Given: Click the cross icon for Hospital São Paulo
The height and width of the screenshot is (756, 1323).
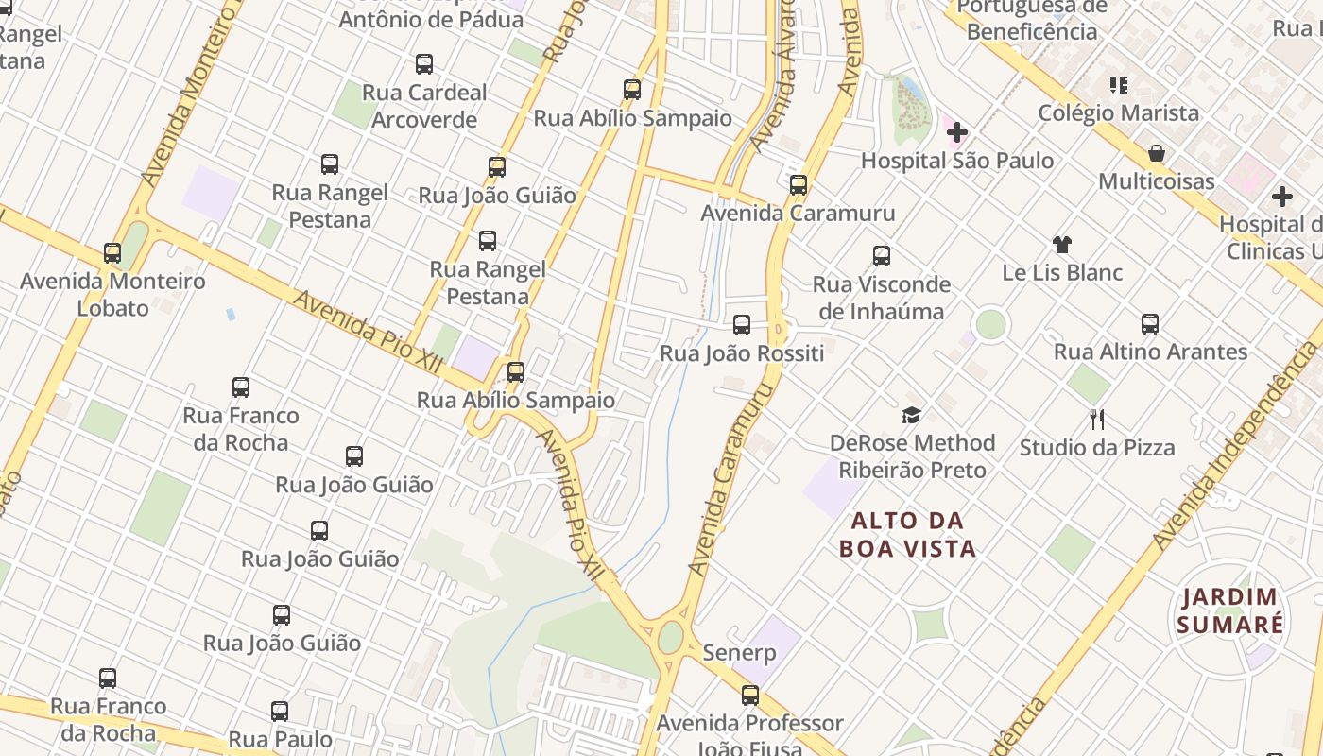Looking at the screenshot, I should click(x=957, y=131).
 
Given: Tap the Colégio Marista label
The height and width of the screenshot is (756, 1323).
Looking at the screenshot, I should click(x=1118, y=113).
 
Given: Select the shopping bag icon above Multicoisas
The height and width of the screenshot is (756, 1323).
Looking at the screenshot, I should click(x=1156, y=153).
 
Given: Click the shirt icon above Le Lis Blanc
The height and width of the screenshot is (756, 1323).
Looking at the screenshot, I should click(x=1062, y=245).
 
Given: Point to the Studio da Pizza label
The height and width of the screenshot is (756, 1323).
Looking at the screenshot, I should click(x=1096, y=448).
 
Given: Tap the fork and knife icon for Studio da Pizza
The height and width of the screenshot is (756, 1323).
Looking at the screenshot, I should click(x=1097, y=419).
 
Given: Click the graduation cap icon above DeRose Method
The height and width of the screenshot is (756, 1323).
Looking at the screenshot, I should click(x=911, y=415).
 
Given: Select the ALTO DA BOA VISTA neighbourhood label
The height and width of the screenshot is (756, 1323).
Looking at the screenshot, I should click(x=908, y=534).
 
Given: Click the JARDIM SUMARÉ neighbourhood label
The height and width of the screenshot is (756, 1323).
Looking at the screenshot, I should click(x=1229, y=610).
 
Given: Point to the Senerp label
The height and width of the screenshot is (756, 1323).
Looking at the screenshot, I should click(x=739, y=653).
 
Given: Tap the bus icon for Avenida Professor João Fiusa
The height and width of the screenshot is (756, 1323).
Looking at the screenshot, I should click(x=750, y=696).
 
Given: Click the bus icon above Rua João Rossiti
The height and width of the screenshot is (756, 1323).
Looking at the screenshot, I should click(x=742, y=325).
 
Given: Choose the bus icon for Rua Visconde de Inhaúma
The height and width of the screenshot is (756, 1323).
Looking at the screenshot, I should click(x=882, y=256).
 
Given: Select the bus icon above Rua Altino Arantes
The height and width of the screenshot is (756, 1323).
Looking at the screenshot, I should click(x=1150, y=324).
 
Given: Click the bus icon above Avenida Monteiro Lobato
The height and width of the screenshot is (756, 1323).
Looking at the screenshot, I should click(x=112, y=253).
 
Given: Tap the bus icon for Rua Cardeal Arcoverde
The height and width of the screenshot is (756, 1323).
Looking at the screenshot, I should click(x=424, y=64).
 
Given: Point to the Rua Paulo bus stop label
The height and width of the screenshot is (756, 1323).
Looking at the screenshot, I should click(x=280, y=739).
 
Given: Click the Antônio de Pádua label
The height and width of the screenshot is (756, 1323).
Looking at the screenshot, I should click(x=417, y=19).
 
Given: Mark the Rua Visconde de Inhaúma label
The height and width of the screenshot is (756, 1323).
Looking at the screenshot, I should click(x=881, y=298).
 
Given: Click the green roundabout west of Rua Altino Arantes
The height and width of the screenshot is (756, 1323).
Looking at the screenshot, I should click(x=990, y=324).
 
